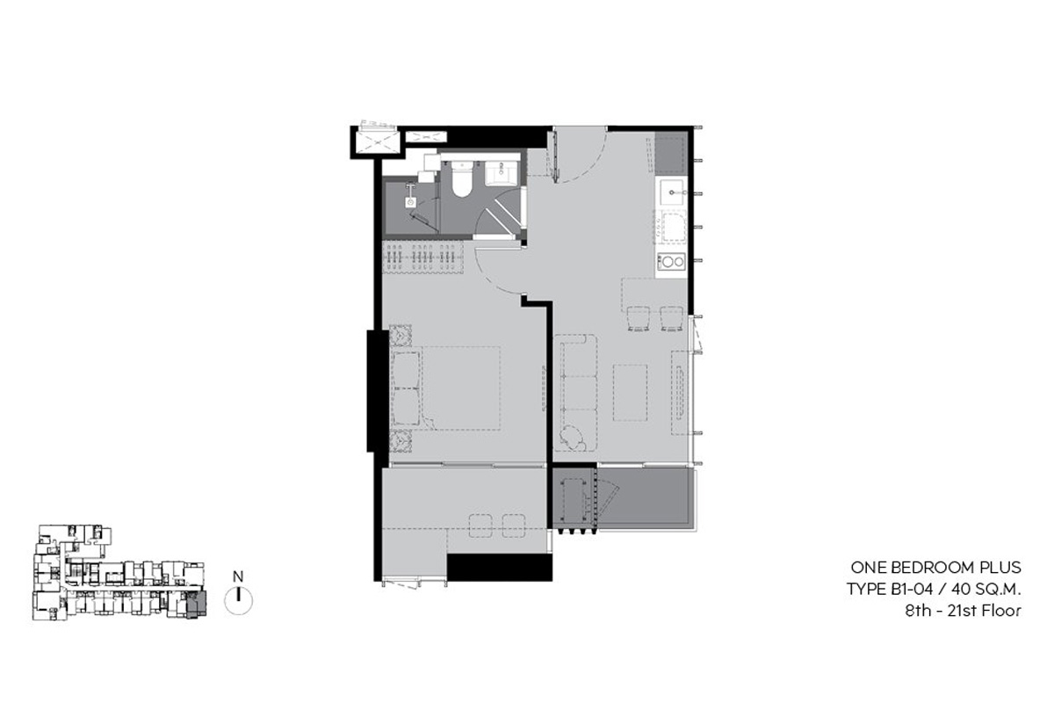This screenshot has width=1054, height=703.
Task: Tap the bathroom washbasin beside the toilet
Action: click(502, 173)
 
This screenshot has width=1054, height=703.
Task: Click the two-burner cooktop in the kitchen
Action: click(671, 261)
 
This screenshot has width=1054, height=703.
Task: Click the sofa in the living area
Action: click(575, 392)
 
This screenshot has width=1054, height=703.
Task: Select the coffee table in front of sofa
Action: click(630, 392)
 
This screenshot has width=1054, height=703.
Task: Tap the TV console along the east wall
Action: click(680, 392)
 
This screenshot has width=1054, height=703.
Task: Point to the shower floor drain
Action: click(411, 202)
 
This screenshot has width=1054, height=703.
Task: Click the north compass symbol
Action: click(239, 601)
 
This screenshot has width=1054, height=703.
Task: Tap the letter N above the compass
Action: click(238, 576)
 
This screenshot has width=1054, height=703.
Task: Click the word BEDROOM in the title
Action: click(934, 568)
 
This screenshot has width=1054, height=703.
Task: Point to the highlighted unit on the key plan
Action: click(196, 605)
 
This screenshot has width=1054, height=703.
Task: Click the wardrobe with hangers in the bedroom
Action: click(422, 257)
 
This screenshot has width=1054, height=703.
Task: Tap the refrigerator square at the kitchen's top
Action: click(670, 155)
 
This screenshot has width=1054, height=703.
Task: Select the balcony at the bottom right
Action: click(624, 497)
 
